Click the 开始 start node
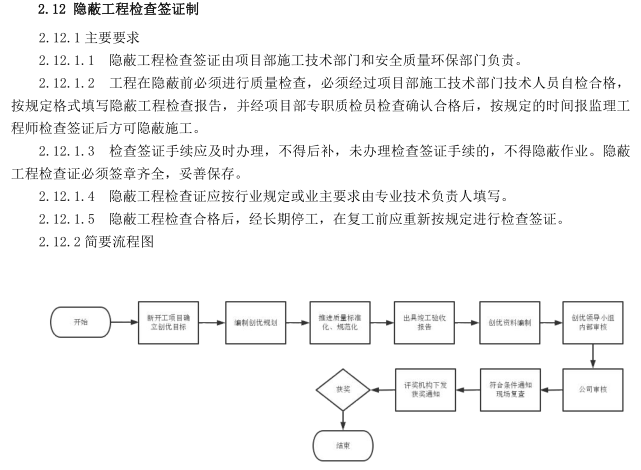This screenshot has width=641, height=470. coord(80,322)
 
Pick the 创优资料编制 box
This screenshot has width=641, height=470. coord(508,322)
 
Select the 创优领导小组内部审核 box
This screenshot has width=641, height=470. coord(592,322)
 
